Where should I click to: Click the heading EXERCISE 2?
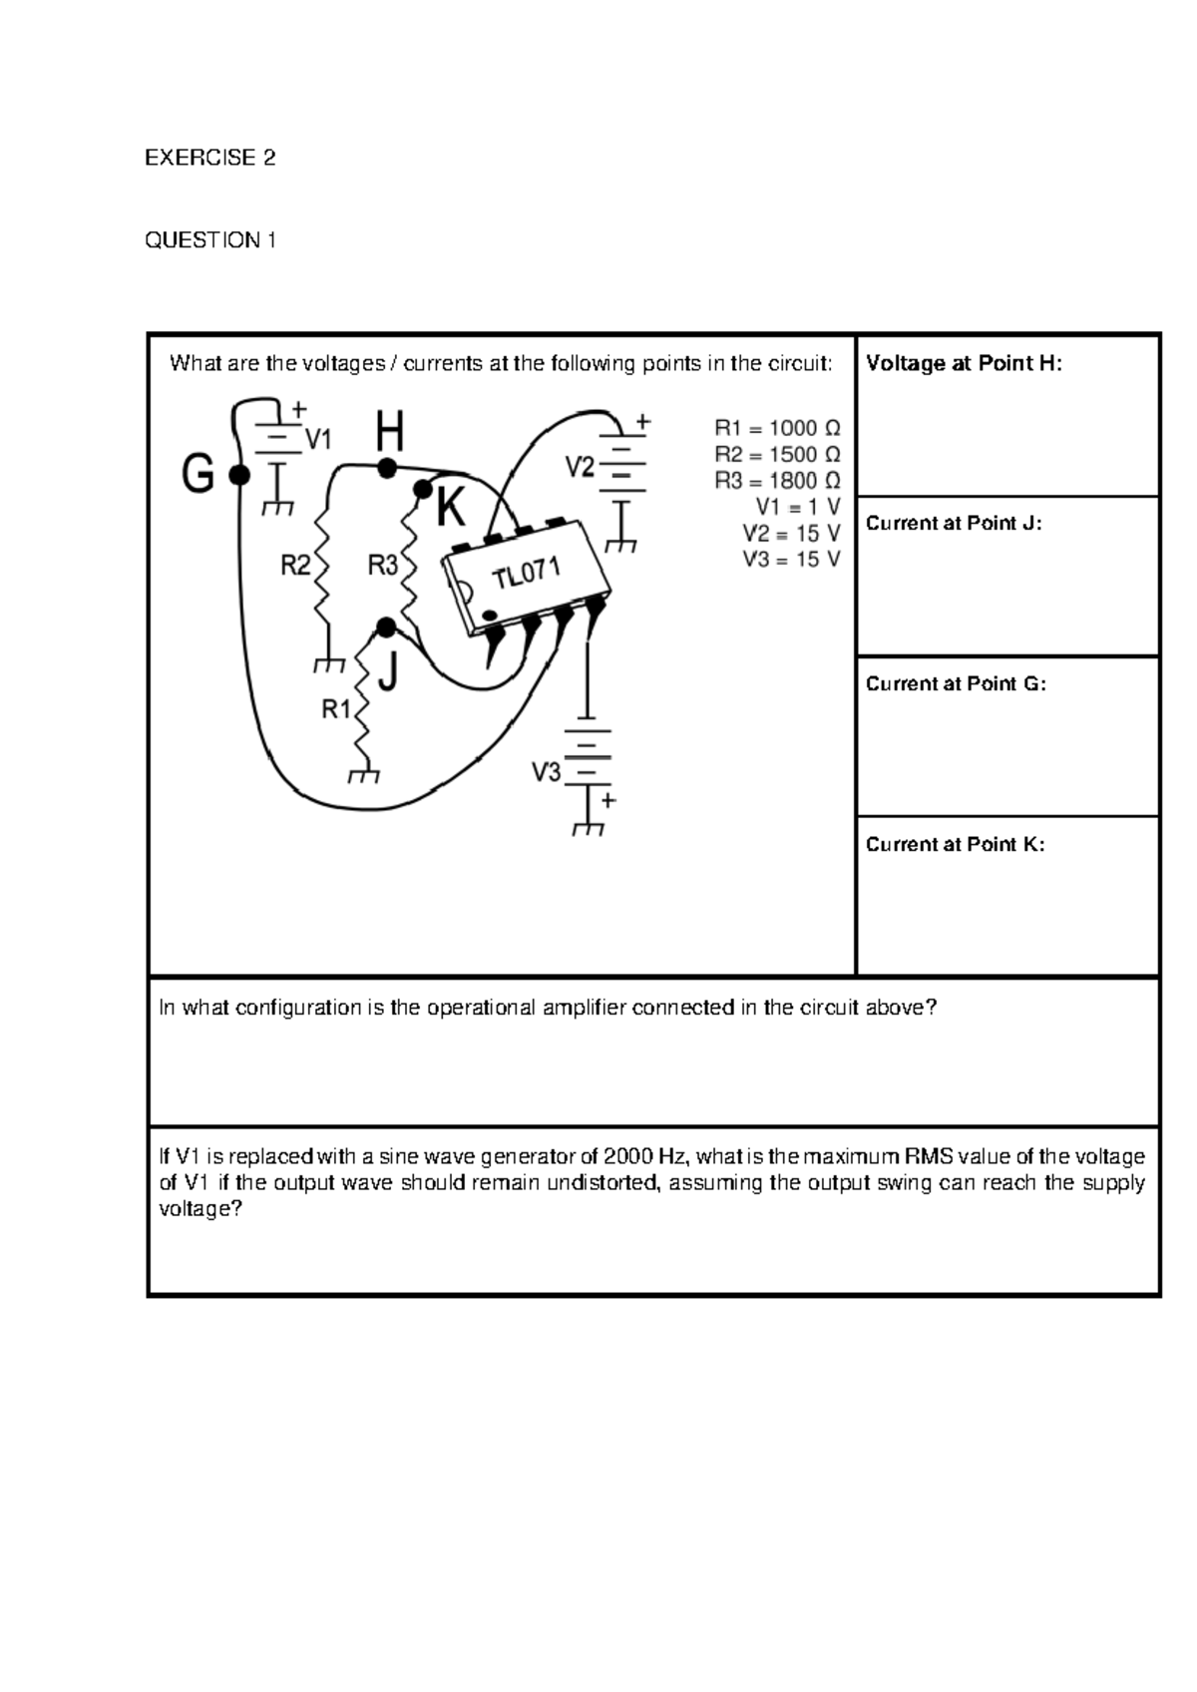(209, 158)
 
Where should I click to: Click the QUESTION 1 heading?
(209, 239)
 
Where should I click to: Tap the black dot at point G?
(238, 476)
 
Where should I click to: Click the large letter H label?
(389, 434)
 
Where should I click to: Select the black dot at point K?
(423, 489)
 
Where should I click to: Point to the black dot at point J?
(387, 627)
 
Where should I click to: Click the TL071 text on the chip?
(526, 574)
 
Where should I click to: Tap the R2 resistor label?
(296, 567)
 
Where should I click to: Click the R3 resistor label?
(383, 567)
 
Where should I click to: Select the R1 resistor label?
(336, 709)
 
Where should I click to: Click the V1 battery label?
(319, 438)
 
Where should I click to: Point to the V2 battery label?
(581, 466)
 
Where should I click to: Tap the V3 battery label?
(547, 771)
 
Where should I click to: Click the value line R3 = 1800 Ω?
(777, 480)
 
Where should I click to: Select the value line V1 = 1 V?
(797, 506)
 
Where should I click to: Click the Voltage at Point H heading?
(964, 363)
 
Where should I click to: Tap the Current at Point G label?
(956, 683)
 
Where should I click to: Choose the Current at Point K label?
(955, 844)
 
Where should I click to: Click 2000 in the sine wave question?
(627, 1156)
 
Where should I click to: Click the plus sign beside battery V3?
(608, 800)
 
